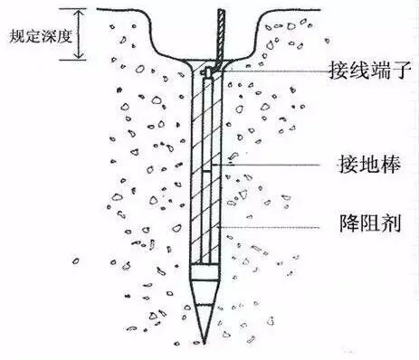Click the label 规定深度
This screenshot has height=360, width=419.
pyautogui.click(x=35, y=37)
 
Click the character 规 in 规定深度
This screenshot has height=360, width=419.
pyautogui.click(x=13, y=37)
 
